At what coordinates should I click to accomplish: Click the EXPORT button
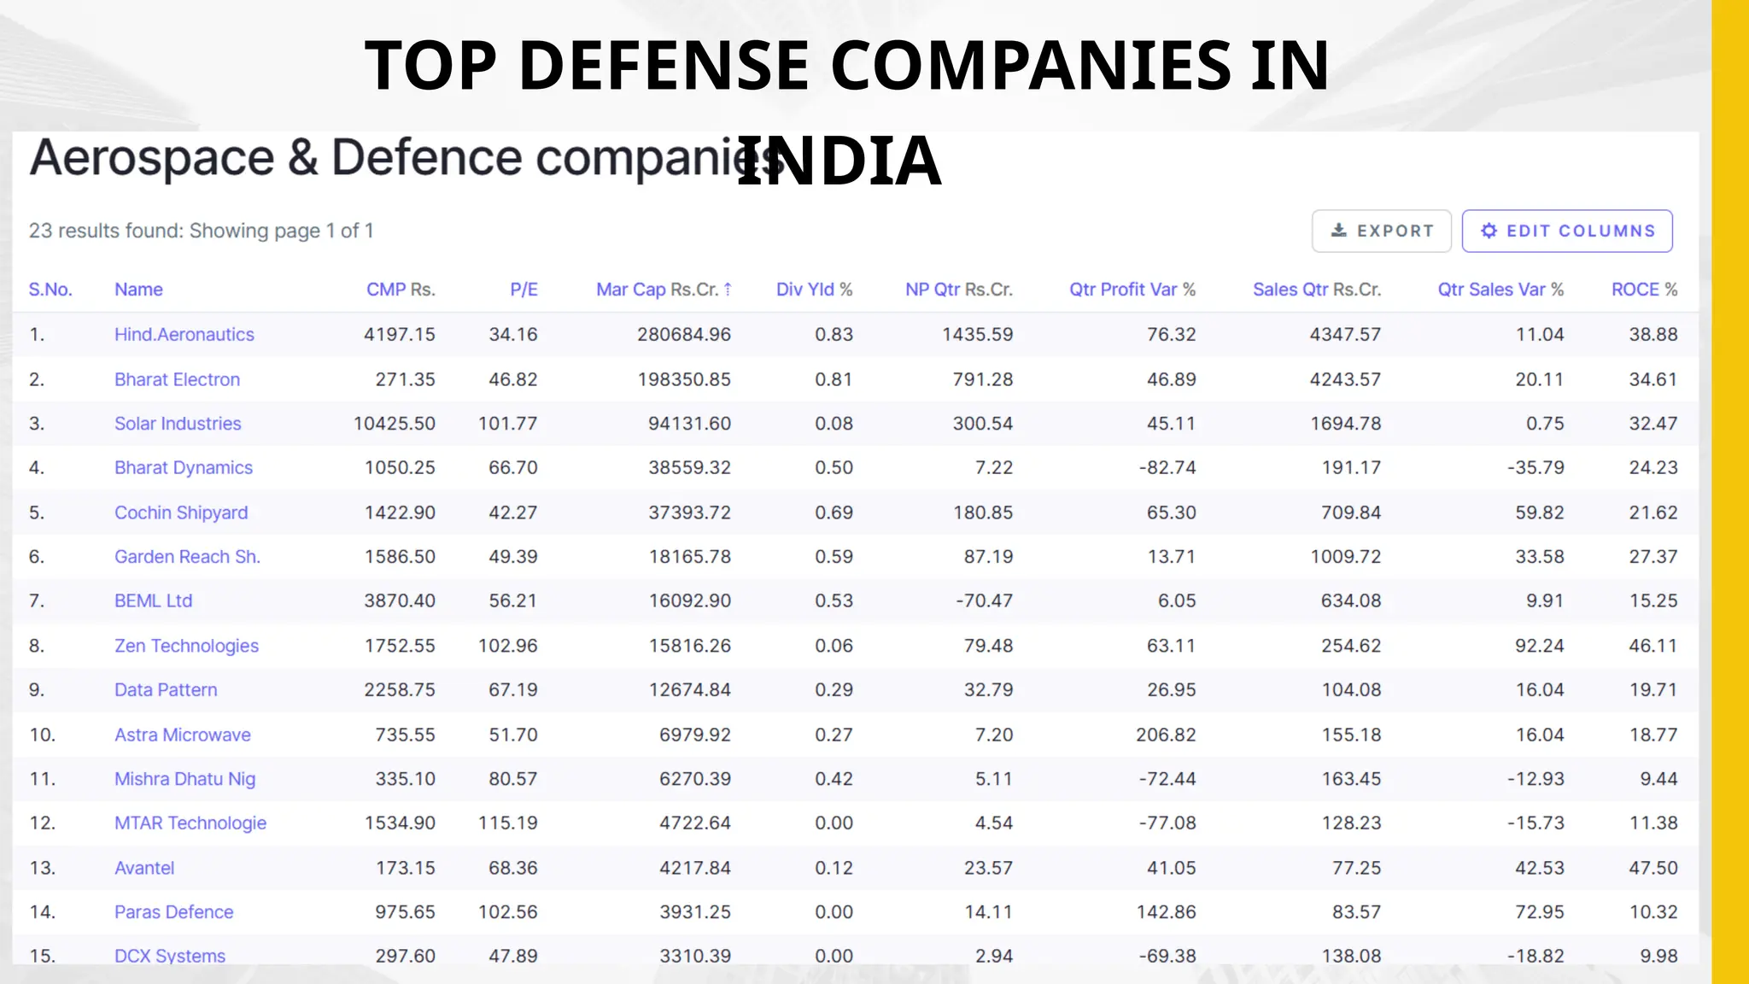tap(1381, 231)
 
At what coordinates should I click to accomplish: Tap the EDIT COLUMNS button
tap(1567, 231)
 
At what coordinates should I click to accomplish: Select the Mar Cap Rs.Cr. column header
tap(663, 290)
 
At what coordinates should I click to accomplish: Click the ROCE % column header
tap(1644, 290)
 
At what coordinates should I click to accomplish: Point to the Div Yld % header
tap(814, 290)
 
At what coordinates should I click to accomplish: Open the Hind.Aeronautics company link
tap(184, 335)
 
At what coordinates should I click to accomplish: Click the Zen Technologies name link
tap(186, 646)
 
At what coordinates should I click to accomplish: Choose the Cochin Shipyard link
tap(181, 512)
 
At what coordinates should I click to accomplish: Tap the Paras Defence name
tap(173, 912)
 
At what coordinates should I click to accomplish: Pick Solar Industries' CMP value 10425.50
tap(395, 424)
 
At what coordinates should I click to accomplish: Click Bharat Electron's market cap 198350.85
tap(684, 379)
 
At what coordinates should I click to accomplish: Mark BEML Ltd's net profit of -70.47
tap(984, 601)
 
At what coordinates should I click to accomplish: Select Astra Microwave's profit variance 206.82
tap(1166, 735)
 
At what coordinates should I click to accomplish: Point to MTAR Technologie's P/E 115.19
tap(507, 823)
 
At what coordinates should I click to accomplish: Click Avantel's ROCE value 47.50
tap(1652, 868)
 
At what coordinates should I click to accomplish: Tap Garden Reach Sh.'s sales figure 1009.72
tap(1345, 557)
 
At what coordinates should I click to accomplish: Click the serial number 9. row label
tap(37, 690)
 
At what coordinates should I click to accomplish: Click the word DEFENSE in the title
tap(663, 66)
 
